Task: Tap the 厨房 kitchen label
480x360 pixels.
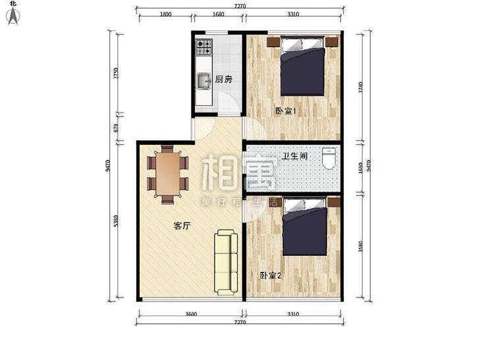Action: pos(224,80)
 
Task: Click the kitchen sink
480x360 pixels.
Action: pos(203,82)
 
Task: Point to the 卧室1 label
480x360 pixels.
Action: pos(285,111)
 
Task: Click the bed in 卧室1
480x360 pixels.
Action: pos(303,67)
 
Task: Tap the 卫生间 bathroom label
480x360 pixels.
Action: pos(294,156)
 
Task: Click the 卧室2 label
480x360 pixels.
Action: pos(271,276)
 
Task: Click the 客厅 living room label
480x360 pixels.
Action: pos(182,226)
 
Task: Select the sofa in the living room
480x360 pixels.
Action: pos(225,262)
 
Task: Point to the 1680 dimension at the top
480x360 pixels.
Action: pos(219,14)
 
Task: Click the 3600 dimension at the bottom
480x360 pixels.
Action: pos(190,315)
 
